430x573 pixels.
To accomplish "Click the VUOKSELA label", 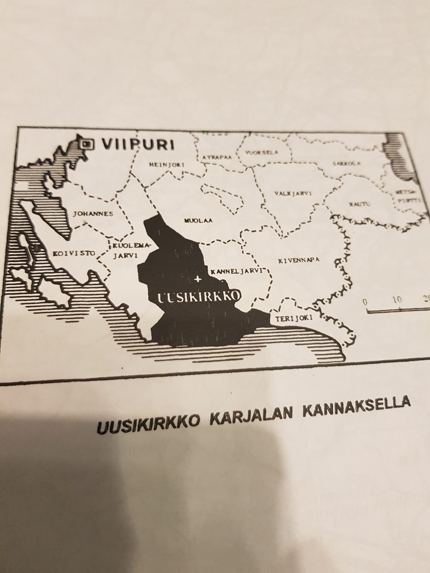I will point(262,153).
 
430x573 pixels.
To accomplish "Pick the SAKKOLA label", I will point(346,164).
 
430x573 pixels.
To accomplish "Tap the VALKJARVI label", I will point(292,193).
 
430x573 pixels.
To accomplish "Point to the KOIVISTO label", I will point(74,253).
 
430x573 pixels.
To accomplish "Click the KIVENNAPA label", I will point(299,260).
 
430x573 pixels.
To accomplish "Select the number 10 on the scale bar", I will point(397,299).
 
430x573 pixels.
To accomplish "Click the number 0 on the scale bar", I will point(365,302).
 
